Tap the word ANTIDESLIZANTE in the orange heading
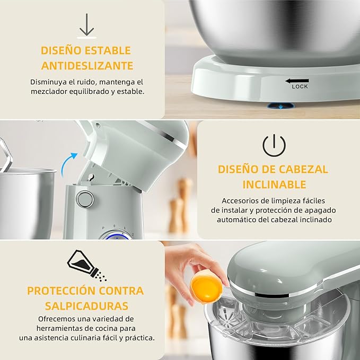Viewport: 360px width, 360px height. click(x=86, y=66)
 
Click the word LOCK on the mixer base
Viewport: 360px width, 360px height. click(x=300, y=86)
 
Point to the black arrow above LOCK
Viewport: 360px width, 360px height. click(x=296, y=81)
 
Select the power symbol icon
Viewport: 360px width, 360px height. click(x=274, y=145)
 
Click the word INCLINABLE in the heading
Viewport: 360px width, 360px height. click(x=274, y=185)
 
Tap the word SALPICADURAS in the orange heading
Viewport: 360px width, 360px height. click(x=86, y=306)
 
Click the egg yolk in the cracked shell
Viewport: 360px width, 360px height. click(x=206, y=287)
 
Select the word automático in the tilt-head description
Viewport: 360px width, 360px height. click(x=238, y=219)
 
